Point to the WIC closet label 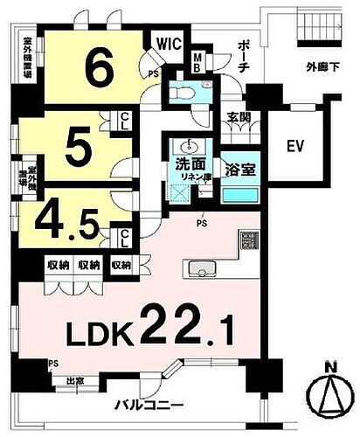click(x=169, y=42)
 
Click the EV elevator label click(x=293, y=146)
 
